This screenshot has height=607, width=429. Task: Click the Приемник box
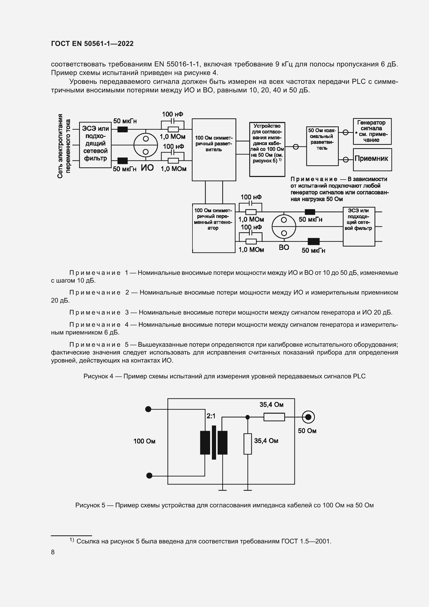[x=372, y=159]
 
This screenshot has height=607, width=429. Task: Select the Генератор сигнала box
[x=372, y=131]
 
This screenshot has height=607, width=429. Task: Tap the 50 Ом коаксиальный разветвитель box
[x=322, y=146]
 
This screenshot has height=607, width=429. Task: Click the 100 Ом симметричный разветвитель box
[x=214, y=150]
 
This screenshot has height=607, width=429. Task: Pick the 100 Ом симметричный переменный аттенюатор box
[x=213, y=228]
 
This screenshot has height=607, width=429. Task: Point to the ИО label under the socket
[x=147, y=168]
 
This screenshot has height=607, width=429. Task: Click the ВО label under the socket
[x=284, y=248]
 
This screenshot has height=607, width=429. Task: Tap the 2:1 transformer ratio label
[x=211, y=416]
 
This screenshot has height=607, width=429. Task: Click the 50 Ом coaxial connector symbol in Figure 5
[x=308, y=417]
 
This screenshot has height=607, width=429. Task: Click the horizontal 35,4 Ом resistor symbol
[x=274, y=417]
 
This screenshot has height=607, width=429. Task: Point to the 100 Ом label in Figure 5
[x=144, y=441]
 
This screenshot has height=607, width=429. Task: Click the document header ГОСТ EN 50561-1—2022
[x=92, y=44]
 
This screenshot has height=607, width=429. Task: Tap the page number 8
[x=53, y=552]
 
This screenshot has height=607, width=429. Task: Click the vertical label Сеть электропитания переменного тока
[x=64, y=146]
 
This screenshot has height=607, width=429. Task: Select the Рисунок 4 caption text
[x=224, y=376]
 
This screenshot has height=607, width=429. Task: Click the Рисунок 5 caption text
[x=224, y=505]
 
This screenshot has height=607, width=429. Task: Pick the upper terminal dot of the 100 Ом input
[x=148, y=409]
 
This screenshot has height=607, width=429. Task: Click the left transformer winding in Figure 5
[x=205, y=442]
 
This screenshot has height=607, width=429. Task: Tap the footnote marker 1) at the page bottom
[x=72, y=540]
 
